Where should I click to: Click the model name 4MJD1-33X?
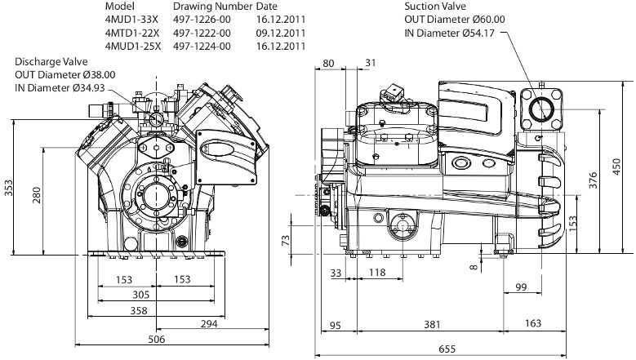[x=131, y=20]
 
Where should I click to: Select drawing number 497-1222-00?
[x=202, y=33]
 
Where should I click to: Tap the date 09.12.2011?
[x=281, y=33]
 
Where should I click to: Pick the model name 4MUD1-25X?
[x=132, y=47]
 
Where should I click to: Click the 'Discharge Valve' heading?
[x=51, y=61]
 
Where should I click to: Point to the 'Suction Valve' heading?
[x=435, y=7]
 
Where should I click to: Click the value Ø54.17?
[x=478, y=33]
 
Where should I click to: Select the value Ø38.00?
[x=99, y=75]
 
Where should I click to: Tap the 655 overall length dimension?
[x=447, y=349]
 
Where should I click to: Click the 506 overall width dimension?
[x=157, y=339]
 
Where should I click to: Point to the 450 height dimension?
[x=616, y=167]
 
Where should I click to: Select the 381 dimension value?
[x=432, y=324]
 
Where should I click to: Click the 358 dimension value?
[x=139, y=311]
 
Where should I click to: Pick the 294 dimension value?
[x=209, y=323]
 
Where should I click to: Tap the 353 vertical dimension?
[x=9, y=188]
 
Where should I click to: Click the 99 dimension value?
[x=521, y=287]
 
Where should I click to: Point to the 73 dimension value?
[x=286, y=240]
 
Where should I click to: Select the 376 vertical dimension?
[x=593, y=180]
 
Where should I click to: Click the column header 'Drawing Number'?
[x=212, y=7]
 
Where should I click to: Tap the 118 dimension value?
[x=377, y=273]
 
